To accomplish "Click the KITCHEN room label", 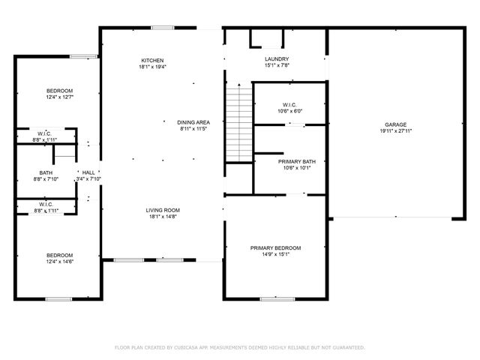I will coord(152,61).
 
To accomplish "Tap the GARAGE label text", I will coord(396,124).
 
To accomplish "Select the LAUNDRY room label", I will coord(277,59).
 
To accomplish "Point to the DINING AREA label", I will coord(193,122).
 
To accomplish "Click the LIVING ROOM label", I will coord(163,210).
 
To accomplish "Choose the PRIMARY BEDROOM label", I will coord(275,248).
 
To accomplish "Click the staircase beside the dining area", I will coord(238,124).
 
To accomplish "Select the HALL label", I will coord(88,172).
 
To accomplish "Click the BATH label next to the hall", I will coord(46,172).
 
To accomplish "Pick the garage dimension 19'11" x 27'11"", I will coord(396,130).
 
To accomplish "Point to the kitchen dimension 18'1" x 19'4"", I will coord(152,67).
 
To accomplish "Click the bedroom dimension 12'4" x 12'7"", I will coord(59,97).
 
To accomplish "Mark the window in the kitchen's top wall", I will coord(163,28).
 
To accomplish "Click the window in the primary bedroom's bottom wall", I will coord(277,299).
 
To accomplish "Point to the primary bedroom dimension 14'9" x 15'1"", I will coord(275,255).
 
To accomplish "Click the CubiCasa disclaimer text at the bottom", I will coord(239,347).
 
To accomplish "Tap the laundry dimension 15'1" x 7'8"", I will coord(277,66).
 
